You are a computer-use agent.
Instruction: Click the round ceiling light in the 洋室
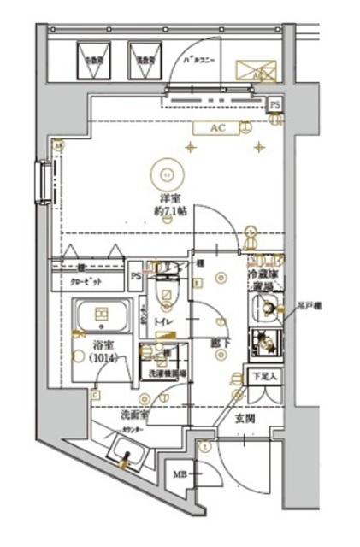pyautogui.click(x=166, y=174)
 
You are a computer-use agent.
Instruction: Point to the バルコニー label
pyautogui.click(x=203, y=61)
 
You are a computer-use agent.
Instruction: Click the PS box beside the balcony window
pyautogui.click(x=274, y=103)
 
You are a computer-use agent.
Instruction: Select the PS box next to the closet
pyautogui.click(x=136, y=275)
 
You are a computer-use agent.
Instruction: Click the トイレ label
pyautogui.click(x=163, y=321)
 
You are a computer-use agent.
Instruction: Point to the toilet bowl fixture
pyautogui.click(x=164, y=295)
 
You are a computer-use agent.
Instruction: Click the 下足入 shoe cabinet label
pyautogui.click(x=260, y=375)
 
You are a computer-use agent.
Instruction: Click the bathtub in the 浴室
pyautogui.click(x=100, y=317)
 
